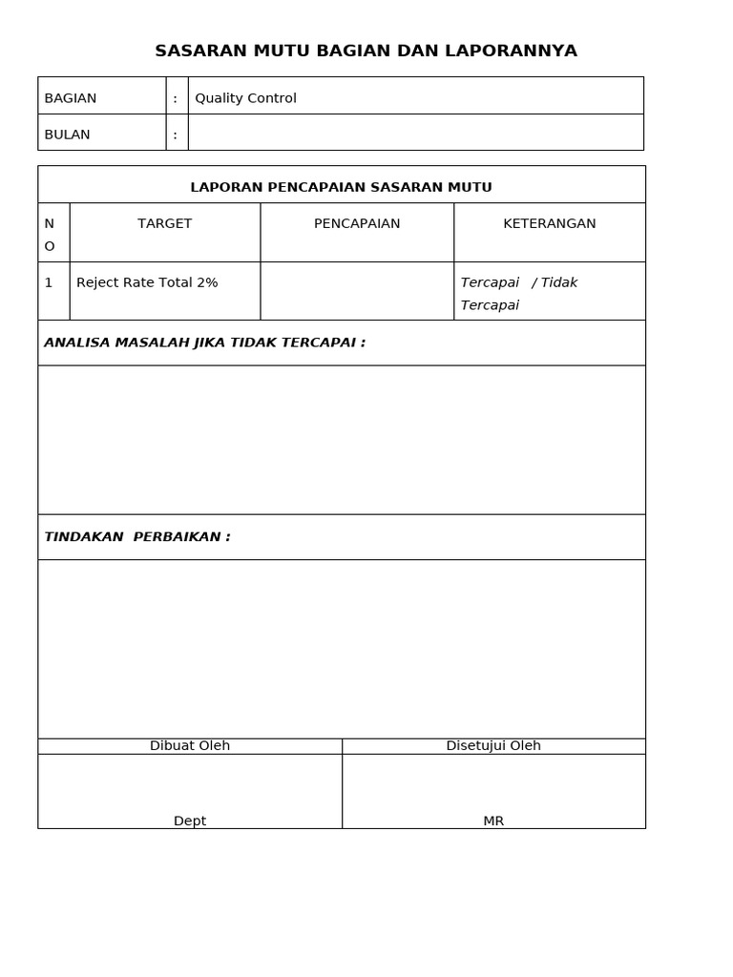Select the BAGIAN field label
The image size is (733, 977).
[x=71, y=98]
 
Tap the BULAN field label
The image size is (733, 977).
[x=67, y=135]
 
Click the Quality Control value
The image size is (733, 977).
[x=245, y=98]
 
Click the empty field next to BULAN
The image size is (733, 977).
[x=415, y=133]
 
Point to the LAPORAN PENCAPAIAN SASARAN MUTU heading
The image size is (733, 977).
[x=341, y=187]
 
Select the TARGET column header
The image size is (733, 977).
[x=164, y=223]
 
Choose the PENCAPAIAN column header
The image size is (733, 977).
[x=357, y=223]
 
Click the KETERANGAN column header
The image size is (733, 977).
[x=549, y=223]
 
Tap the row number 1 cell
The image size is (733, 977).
[x=49, y=282]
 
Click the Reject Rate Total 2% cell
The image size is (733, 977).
[x=147, y=282]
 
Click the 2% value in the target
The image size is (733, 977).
[x=207, y=282]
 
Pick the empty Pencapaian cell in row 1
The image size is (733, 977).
[x=357, y=291]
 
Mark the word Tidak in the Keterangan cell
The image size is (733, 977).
[x=559, y=282]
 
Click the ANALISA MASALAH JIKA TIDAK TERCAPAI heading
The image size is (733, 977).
[x=204, y=343]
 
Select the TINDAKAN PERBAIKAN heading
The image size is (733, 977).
[x=137, y=537]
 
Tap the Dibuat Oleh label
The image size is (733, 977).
[x=190, y=746]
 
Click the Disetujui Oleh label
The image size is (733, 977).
[x=493, y=746]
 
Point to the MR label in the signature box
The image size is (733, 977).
[x=493, y=821]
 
